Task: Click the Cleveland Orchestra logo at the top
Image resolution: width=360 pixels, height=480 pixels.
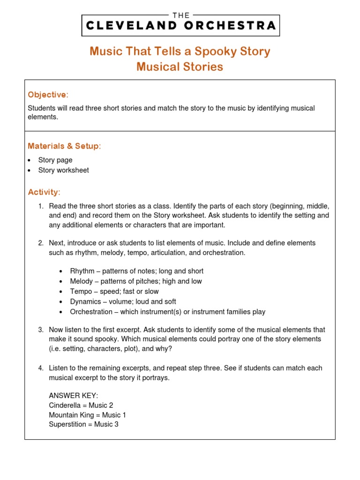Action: tap(180, 23)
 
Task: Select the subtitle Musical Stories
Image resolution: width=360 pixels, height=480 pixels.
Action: tap(180, 67)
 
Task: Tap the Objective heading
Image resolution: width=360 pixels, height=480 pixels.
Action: tap(48, 95)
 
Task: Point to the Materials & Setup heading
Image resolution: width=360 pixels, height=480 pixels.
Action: tap(64, 147)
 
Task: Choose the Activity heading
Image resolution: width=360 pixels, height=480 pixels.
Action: tap(44, 192)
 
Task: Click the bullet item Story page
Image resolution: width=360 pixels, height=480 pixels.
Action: tap(55, 160)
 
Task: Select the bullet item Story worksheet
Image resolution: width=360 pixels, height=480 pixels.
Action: tap(63, 170)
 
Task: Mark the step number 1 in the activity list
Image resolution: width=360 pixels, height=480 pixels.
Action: tap(41, 206)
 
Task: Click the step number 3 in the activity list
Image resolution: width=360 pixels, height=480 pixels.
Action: tap(41, 330)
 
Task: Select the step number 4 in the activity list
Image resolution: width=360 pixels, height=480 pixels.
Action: tap(41, 368)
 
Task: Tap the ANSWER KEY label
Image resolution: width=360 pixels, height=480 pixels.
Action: tap(74, 396)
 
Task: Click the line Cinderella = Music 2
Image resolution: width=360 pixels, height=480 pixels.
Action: tap(81, 405)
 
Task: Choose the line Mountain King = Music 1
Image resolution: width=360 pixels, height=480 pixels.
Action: tap(87, 415)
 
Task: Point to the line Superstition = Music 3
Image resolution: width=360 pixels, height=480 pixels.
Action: tap(84, 424)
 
